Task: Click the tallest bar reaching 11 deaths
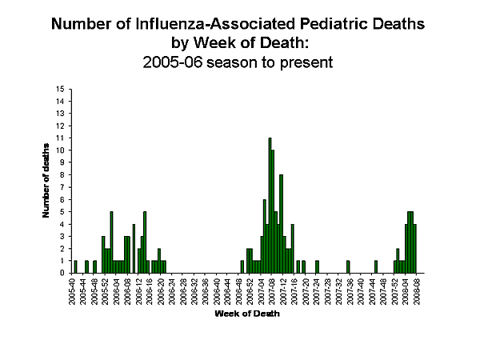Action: [270, 206]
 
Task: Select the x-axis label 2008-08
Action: [415, 294]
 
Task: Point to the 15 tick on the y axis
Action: [60, 89]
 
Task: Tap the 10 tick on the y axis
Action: [60, 150]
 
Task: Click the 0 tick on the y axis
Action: [62, 273]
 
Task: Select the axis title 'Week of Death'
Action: [246, 313]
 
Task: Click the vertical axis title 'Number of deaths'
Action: [46, 181]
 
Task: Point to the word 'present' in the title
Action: [306, 60]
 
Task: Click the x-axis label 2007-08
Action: [271, 294]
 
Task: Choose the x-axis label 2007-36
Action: [348, 294]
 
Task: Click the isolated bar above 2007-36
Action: [348, 267]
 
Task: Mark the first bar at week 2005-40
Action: [75, 267]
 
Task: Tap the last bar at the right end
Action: [415, 249]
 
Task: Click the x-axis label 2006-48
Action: [241, 294]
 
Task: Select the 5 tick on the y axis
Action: [62, 212]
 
